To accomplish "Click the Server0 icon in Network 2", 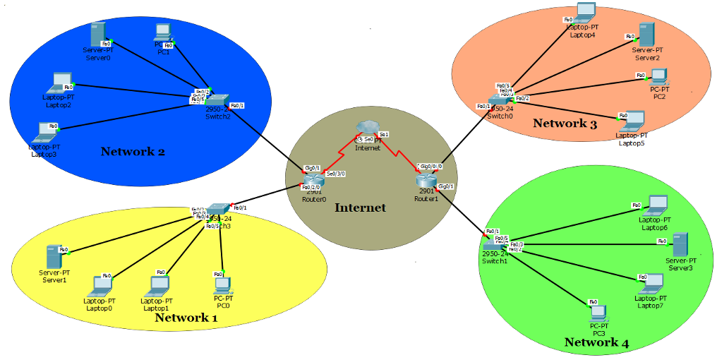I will (x=98, y=35).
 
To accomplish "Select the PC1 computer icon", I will (x=163, y=32).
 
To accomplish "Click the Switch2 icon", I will (x=217, y=100).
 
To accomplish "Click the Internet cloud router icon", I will (x=367, y=127).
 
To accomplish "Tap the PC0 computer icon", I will (x=222, y=284).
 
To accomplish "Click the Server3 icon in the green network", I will (x=680, y=244).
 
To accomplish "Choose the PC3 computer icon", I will (x=599, y=312).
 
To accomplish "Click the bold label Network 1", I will (x=186, y=318).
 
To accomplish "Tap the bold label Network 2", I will (x=133, y=151).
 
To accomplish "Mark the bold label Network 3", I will (x=565, y=124).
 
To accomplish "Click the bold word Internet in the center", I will (x=360, y=208).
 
